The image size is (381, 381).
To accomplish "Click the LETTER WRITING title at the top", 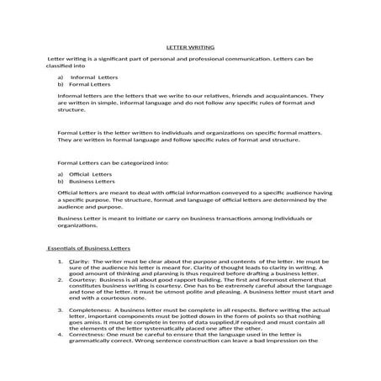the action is click(x=190, y=48).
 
